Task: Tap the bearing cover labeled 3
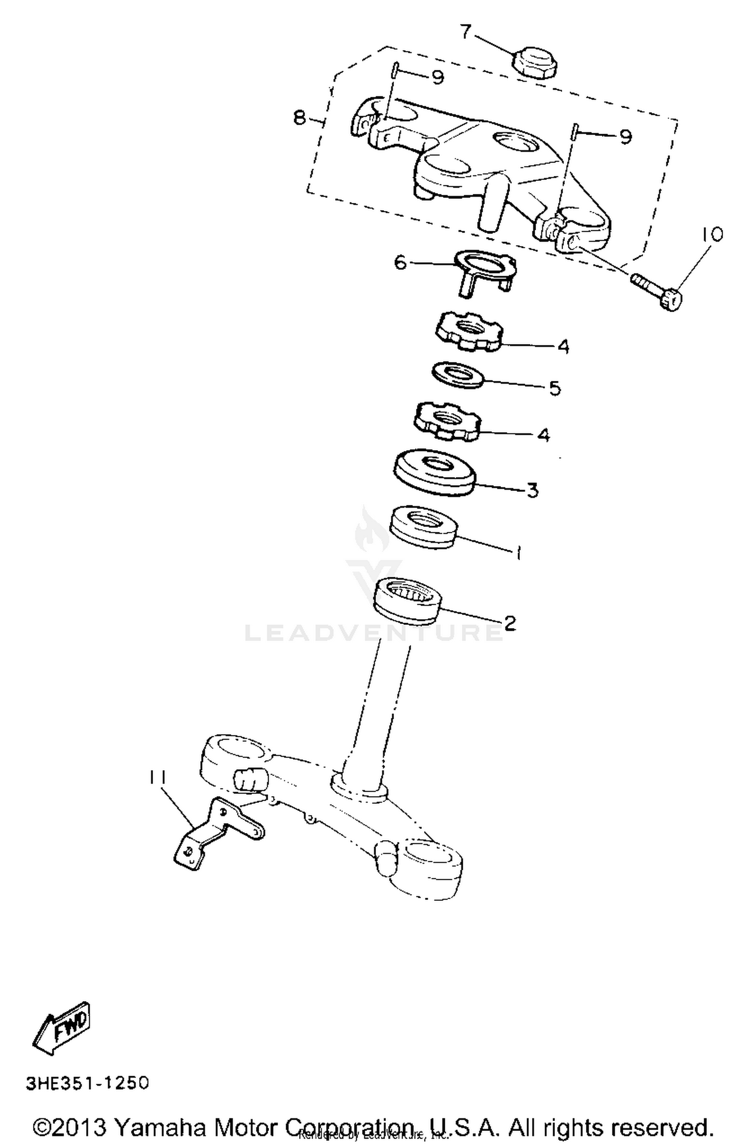[x=434, y=472]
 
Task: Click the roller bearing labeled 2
[x=407, y=600]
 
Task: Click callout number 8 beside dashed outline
[x=299, y=118]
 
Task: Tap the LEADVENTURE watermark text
[x=374, y=632]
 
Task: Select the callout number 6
[x=401, y=262]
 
